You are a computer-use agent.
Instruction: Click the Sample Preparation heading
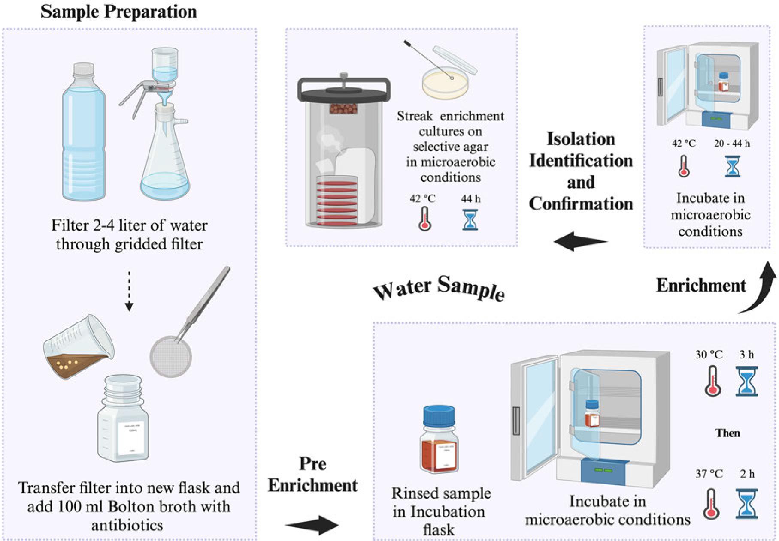point(118,12)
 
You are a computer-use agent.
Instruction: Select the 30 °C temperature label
point(709,355)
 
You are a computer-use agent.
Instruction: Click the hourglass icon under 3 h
point(746,381)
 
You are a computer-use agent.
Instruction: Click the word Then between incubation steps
point(727,433)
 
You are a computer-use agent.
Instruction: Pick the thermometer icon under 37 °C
point(712,504)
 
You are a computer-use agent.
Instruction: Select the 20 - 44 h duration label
point(732,144)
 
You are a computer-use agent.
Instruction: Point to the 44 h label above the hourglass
point(470,199)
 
